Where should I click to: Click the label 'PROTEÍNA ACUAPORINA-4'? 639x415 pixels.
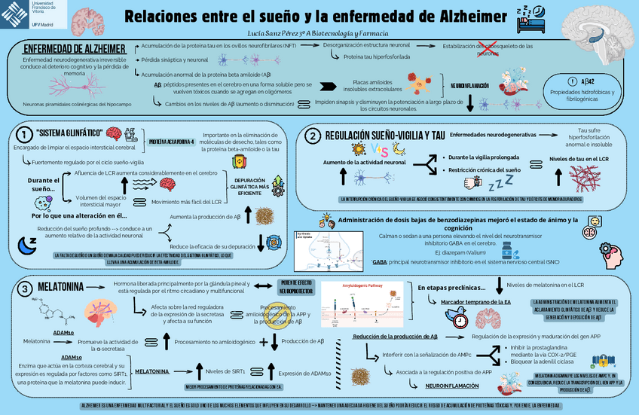click(172, 142)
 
